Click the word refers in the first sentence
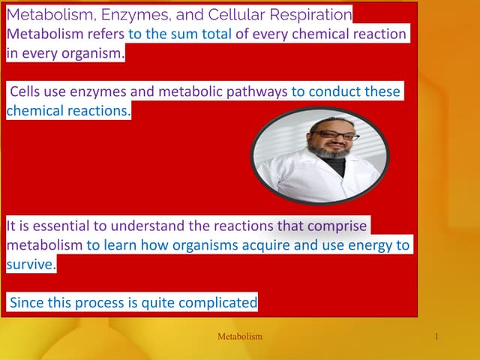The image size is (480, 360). coord(105,34)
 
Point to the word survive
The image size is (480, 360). coord(30,265)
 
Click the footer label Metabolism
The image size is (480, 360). coord(239,337)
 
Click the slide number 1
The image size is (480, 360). coord(436,337)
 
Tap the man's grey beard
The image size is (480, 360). coord(330,153)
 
